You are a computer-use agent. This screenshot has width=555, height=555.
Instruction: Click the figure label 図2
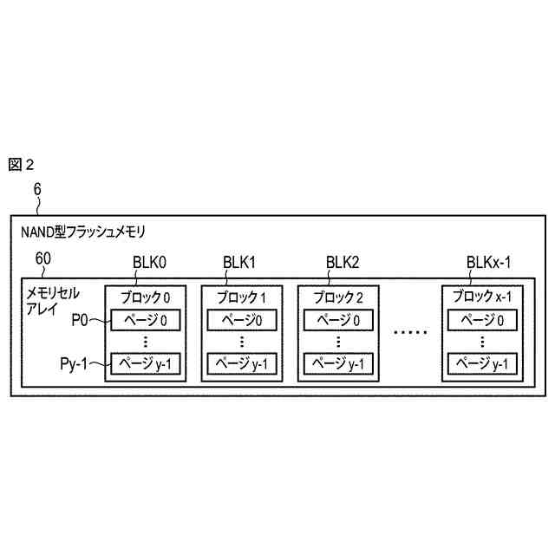point(21,165)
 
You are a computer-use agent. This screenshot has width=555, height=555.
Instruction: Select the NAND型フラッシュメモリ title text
point(82,232)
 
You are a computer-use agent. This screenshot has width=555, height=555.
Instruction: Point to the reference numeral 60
point(42,259)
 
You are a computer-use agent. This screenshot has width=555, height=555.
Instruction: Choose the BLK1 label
point(239,263)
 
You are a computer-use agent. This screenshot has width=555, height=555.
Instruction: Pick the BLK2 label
point(342,263)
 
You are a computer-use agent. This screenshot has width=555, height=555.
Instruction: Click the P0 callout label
point(80,320)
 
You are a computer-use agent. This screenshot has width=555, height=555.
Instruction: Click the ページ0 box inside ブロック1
point(241,320)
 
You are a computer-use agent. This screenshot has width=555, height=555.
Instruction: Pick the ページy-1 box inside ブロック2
point(338,363)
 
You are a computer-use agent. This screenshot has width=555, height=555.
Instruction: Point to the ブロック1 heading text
point(241,297)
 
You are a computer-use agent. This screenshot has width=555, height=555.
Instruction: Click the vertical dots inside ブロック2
point(338,341)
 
